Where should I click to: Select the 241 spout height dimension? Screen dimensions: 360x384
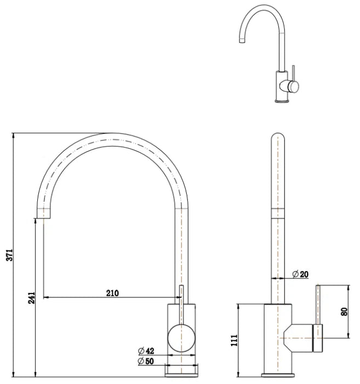tap(32, 297)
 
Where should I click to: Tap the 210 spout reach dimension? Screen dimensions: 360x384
tap(112, 293)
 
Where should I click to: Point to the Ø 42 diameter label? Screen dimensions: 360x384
tap(146, 351)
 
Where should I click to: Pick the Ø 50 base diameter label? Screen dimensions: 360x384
tap(146, 361)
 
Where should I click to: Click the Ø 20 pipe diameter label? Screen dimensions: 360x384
tap(301, 274)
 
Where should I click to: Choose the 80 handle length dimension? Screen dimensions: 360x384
tap(344, 312)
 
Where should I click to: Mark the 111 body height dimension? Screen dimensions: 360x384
tap(235, 341)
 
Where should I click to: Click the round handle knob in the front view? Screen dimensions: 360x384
tap(181, 338)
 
